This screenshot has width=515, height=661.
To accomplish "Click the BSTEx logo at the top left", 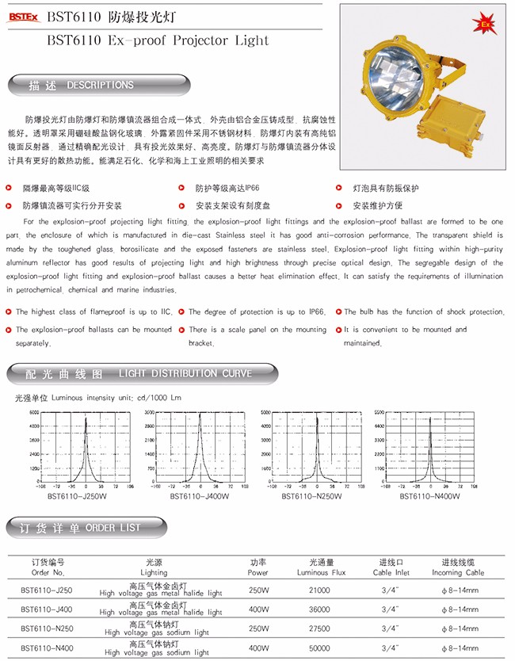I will [24, 14].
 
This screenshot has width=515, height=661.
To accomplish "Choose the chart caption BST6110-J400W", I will [199, 497].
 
